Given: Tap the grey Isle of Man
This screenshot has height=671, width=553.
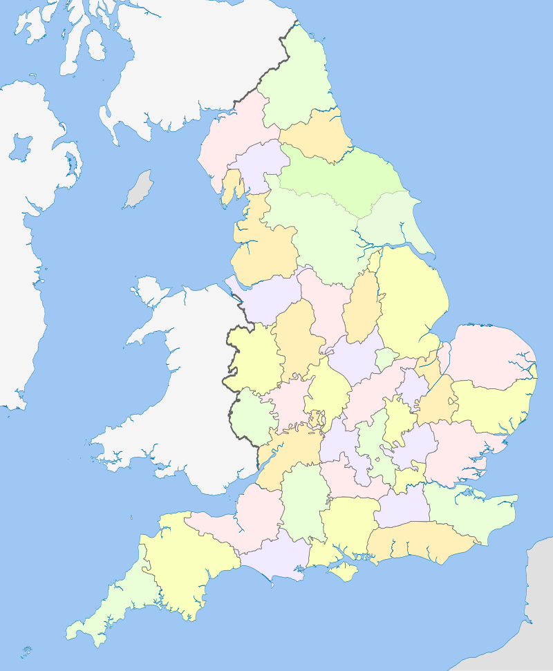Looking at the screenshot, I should point(138,189).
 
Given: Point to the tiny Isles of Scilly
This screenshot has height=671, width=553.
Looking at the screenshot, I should point(27,651).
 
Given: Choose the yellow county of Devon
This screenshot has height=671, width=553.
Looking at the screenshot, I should point(183,560).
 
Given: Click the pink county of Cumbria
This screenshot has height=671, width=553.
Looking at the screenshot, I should point(228,138).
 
